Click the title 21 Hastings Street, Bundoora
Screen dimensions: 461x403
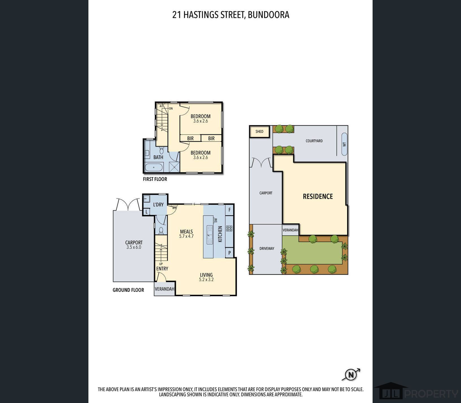pyautogui.click(x=231, y=15)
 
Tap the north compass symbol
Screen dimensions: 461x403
pyautogui.click(x=351, y=375)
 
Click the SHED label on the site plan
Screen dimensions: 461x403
pyautogui.click(x=259, y=132)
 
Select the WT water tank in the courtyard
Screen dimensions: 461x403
pyautogui.click(x=344, y=144)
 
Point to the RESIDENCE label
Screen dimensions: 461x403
pyautogui.click(x=318, y=196)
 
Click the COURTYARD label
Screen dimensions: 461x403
pyautogui.click(x=314, y=141)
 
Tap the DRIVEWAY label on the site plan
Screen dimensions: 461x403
pyautogui.click(x=267, y=248)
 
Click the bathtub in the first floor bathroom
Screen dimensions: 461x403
pyautogui.click(x=154, y=167)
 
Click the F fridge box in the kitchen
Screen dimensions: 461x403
pyautogui.click(x=229, y=210)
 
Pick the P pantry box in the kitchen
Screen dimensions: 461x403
pyautogui.click(x=229, y=253)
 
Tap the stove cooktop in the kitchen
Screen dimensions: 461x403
pyautogui.click(x=229, y=228)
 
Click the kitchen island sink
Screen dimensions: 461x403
pyautogui.click(x=210, y=235)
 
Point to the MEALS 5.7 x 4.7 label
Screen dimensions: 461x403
pyautogui.click(x=186, y=234)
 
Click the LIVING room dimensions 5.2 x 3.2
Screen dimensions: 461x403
pyautogui.click(x=206, y=280)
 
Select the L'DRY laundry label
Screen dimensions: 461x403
pyautogui.click(x=158, y=205)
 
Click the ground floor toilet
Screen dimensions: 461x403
pyautogui.click(x=161, y=230)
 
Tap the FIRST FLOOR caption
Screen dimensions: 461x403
pyautogui.click(x=155, y=179)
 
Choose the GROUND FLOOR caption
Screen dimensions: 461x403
pyautogui.click(x=128, y=290)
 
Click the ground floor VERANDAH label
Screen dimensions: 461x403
pyautogui.click(x=164, y=289)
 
